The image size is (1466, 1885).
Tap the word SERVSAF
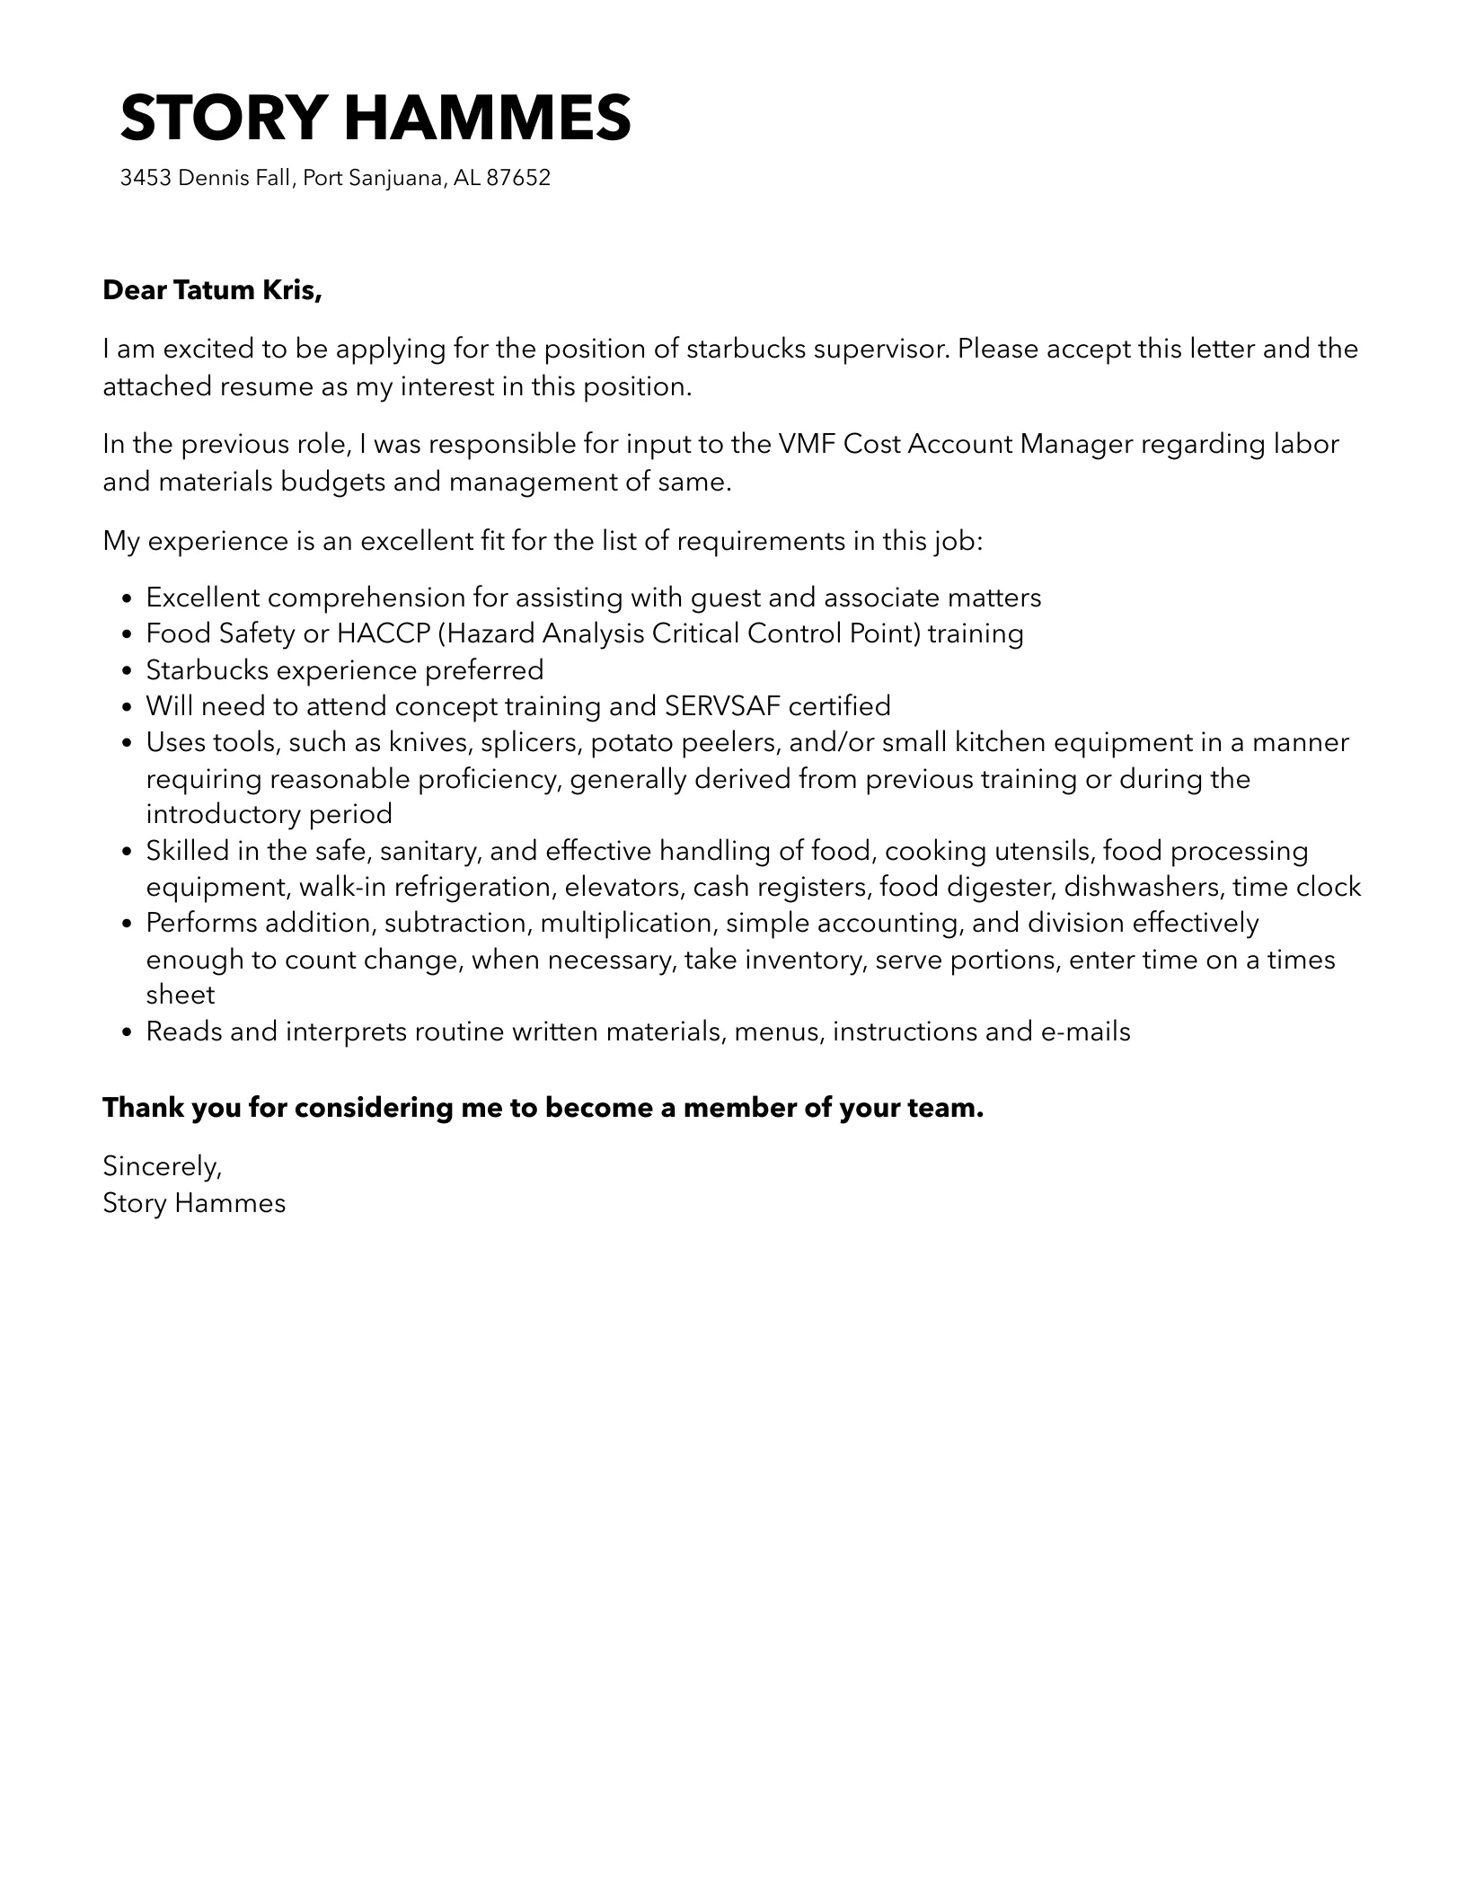pos(722,706)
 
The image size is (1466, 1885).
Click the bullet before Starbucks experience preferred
pos(127,671)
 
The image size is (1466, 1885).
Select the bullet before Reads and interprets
pos(127,1032)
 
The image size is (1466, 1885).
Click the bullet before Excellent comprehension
pos(127,598)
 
